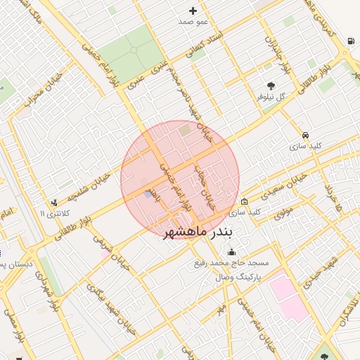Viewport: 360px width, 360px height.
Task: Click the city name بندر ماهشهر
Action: tap(200, 232)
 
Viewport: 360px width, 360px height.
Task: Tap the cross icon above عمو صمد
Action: tap(193, 11)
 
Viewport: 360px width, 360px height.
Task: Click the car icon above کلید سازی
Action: tap(305, 134)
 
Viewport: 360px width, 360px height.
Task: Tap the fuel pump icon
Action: tap(350, 41)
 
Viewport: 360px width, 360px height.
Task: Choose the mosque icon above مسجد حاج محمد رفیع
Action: tap(232, 252)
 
